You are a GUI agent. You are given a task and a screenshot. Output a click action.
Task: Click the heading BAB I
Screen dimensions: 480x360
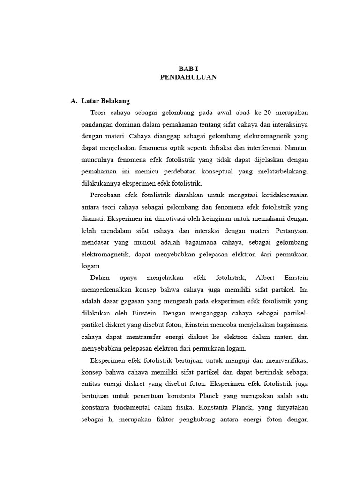click(x=188, y=68)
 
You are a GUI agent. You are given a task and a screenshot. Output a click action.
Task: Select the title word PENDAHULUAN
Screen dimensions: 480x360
click(x=188, y=77)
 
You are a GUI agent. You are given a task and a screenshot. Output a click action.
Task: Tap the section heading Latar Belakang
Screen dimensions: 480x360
click(x=105, y=101)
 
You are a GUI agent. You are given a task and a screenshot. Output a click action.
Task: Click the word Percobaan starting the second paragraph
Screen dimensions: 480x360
click(x=106, y=195)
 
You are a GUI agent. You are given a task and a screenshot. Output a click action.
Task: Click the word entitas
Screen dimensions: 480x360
click(x=91, y=383)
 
